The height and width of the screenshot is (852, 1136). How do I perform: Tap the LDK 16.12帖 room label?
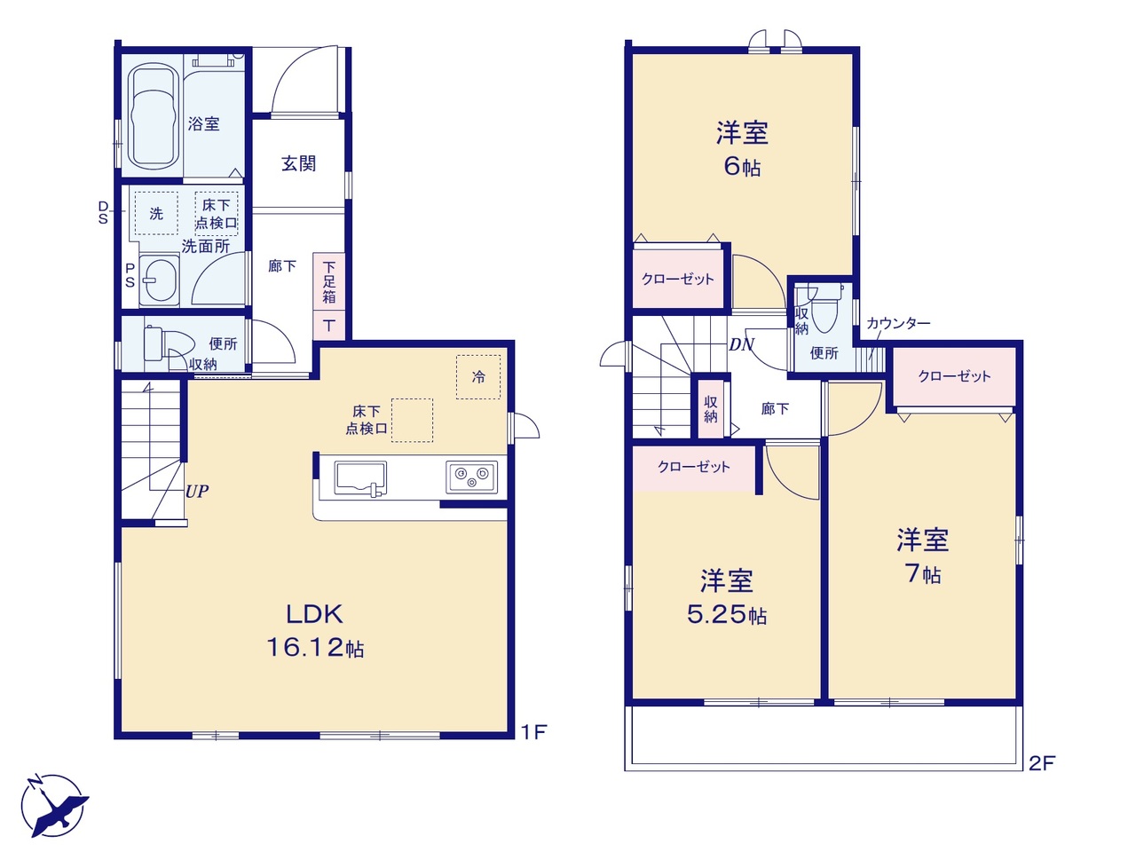(315, 631)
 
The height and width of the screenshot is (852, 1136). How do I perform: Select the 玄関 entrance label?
(298, 164)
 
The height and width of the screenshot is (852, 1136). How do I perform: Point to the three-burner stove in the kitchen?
(471, 477)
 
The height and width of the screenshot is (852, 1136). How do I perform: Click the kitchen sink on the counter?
(360, 478)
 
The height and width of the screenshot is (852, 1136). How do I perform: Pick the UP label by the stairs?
(197, 491)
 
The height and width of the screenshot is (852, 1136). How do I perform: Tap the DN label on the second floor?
(741, 344)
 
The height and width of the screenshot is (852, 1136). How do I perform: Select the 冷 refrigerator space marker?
(478, 376)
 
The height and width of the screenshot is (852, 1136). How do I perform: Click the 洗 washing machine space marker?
(156, 213)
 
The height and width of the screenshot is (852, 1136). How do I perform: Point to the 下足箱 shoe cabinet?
(329, 282)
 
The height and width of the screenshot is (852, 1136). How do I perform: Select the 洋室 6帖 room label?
(742, 149)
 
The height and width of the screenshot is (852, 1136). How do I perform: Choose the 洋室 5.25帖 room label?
(727, 597)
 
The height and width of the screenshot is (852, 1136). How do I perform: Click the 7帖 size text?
(923, 573)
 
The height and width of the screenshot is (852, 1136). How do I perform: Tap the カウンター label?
(898, 323)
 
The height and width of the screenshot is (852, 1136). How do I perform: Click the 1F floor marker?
(533, 731)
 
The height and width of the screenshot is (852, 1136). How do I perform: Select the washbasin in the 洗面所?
(159, 280)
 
